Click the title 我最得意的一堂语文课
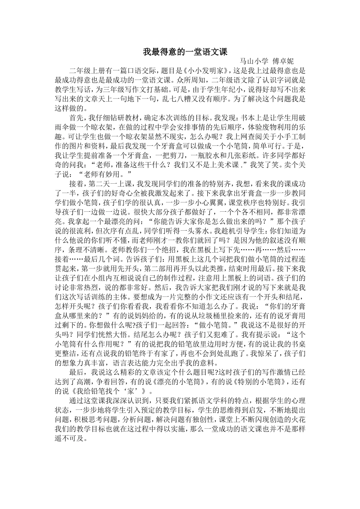click(185, 52)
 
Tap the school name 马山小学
click(254, 61)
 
